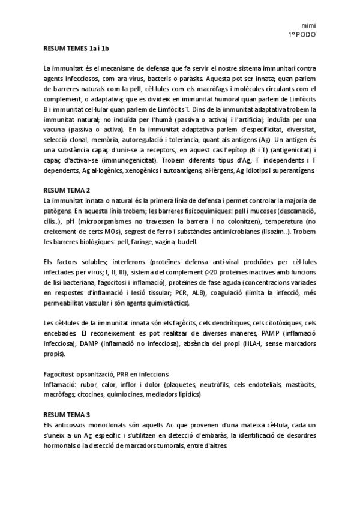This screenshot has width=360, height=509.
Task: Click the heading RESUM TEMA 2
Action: tap(67, 190)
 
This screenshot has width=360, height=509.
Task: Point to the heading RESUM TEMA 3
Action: tap(67, 414)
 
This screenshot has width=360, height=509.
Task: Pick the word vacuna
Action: tap(57, 129)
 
